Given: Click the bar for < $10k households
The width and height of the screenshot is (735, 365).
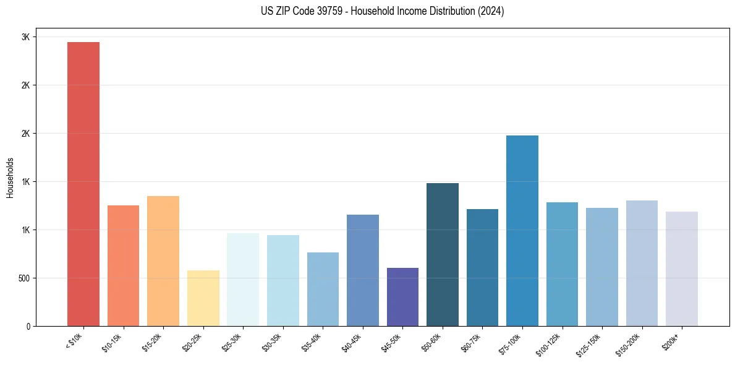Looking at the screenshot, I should pyautogui.click(x=83, y=184).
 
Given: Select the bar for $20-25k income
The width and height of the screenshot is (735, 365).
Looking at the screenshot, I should pyautogui.click(x=203, y=298).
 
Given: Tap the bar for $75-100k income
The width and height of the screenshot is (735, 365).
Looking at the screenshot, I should pyautogui.click(x=522, y=231).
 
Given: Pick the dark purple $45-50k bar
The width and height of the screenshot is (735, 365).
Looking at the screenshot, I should pyautogui.click(x=402, y=297).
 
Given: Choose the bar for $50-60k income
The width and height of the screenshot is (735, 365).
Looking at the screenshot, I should pyautogui.click(x=442, y=254).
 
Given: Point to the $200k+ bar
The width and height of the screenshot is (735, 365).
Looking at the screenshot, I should pyautogui.click(x=681, y=268).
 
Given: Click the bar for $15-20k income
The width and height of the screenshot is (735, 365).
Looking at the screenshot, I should pyautogui.click(x=163, y=261).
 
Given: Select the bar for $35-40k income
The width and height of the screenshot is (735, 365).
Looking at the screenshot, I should pyautogui.click(x=323, y=289).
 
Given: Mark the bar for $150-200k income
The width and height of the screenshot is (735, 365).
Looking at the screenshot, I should pyautogui.click(x=642, y=263).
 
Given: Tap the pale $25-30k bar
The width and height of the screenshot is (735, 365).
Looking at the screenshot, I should pyautogui.click(x=243, y=280).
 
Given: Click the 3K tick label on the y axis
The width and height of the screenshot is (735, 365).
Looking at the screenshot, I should pyautogui.click(x=25, y=37).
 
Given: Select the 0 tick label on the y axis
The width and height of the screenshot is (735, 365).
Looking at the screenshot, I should pyautogui.click(x=27, y=327).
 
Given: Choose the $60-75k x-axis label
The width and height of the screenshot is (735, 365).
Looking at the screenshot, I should pyautogui.click(x=470, y=342).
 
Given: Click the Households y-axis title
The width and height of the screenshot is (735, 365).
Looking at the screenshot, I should pyautogui.click(x=10, y=178).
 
